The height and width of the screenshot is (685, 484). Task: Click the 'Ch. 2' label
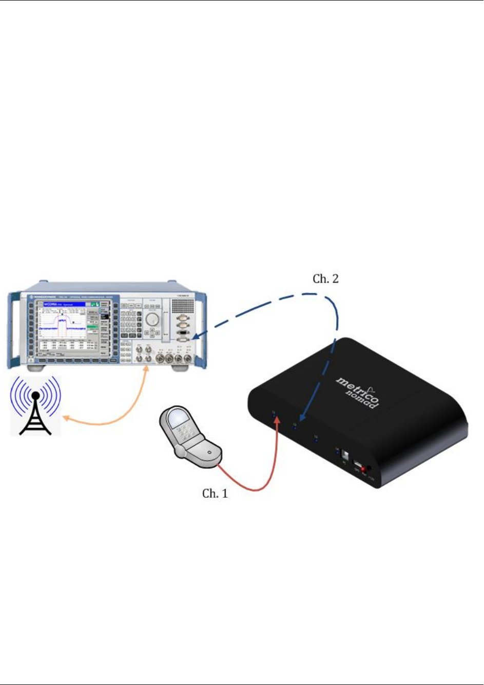point(326,279)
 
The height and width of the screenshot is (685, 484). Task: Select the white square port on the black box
point(345,454)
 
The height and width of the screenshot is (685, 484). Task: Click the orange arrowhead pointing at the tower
point(64,418)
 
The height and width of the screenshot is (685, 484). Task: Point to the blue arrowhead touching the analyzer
point(196,338)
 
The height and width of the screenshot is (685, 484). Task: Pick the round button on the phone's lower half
point(210,451)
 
